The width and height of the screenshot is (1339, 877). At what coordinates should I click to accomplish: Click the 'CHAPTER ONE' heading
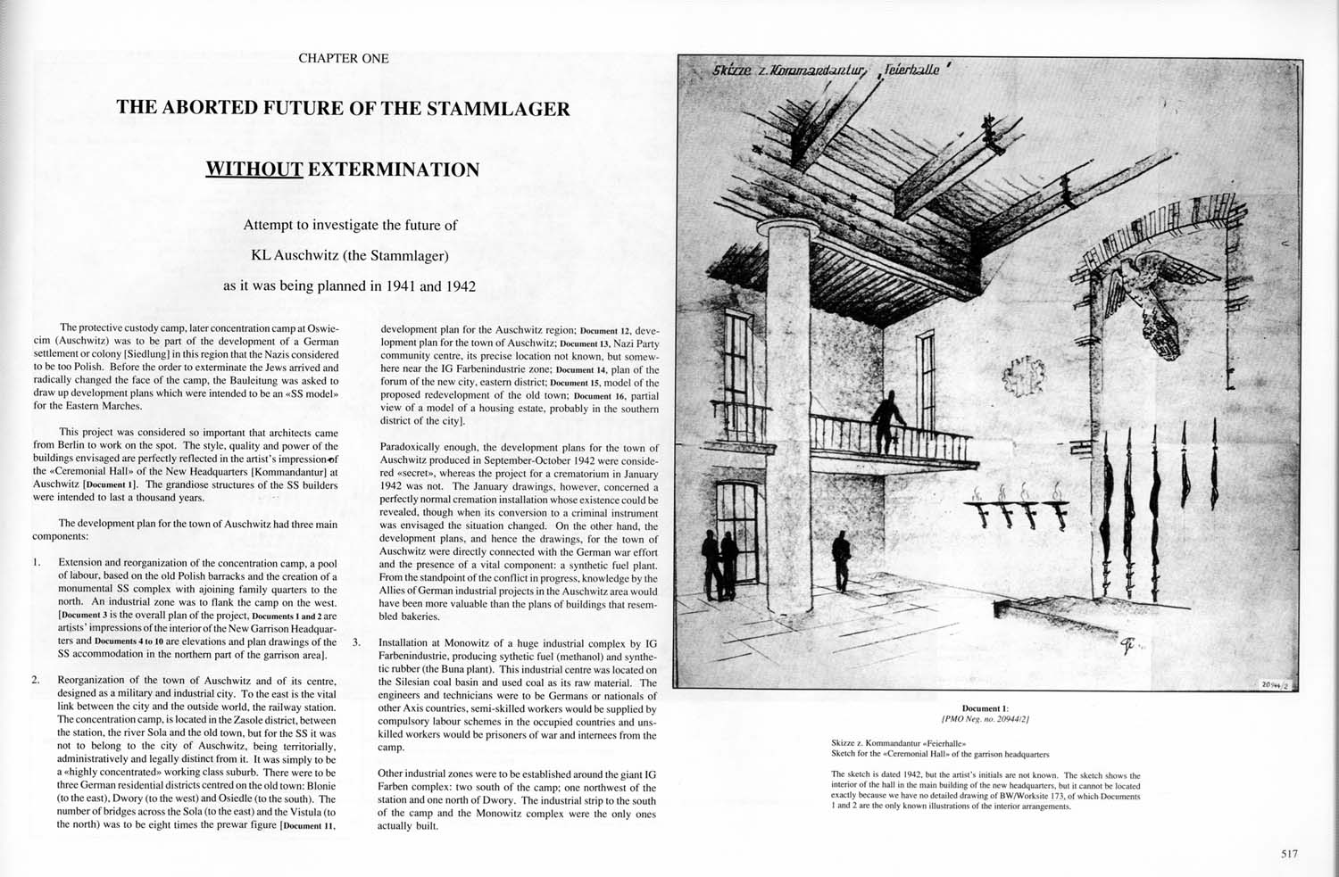click(x=344, y=59)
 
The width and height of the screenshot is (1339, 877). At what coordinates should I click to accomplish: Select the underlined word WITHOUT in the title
click(x=254, y=169)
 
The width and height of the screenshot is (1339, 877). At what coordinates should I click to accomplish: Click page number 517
click(x=1288, y=854)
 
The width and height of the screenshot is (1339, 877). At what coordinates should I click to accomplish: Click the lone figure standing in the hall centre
click(x=841, y=561)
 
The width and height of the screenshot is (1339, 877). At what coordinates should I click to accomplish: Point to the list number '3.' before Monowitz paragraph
click(x=357, y=642)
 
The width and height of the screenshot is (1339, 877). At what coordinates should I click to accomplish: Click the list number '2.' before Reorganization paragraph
click(x=37, y=681)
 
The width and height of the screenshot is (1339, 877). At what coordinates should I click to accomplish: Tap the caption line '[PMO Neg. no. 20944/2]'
click(x=986, y=719)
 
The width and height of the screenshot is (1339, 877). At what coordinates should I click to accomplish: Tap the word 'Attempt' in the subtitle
click(x=266, y=225)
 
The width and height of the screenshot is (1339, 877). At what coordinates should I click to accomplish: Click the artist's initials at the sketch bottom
click(x=1127, y=646)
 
